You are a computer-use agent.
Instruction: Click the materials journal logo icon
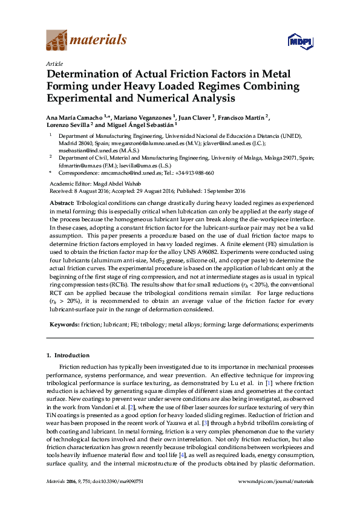tap(57, 41)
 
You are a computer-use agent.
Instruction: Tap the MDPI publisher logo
tap(299, 42)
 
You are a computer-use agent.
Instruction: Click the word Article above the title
tap(54, 63)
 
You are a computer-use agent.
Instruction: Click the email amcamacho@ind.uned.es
tap(131, 173)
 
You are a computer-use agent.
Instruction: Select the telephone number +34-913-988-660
tap(193, 173)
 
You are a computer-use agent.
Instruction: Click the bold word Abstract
tap(61, 203)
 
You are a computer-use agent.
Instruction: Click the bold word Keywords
tap(64, 324)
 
